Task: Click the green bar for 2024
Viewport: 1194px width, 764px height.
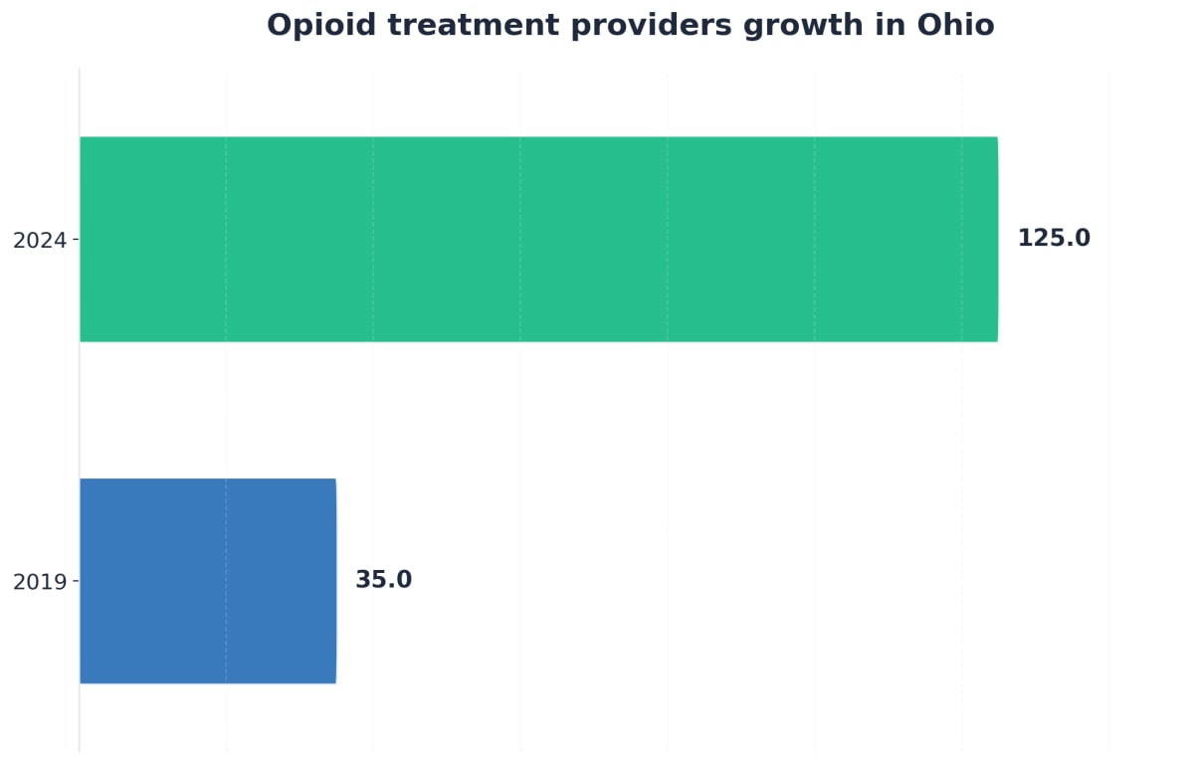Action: coord(537,239)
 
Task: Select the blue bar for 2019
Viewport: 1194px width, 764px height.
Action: coord(207,581)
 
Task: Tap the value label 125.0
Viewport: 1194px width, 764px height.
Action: coord(1054,239)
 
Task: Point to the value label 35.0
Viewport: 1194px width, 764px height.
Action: coord(383,580)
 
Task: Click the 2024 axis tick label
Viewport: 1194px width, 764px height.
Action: coord(39,240)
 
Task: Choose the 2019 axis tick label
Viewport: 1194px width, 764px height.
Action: coord(39,582)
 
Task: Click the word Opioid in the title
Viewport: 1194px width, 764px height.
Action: coord(314,25)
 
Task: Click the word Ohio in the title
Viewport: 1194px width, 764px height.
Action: coord(955,25)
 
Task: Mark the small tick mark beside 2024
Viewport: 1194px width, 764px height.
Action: coord(76,240)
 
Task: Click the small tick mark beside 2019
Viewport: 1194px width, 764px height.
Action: coord(76,581)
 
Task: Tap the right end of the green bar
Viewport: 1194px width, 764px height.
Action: coord(996,239)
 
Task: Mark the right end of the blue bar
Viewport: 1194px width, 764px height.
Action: coord(335,581)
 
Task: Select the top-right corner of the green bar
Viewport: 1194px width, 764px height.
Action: coord(997,138)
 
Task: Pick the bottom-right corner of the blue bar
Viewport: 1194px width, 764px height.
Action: coord(335,682)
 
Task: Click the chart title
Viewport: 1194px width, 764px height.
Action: coord(630,25)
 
